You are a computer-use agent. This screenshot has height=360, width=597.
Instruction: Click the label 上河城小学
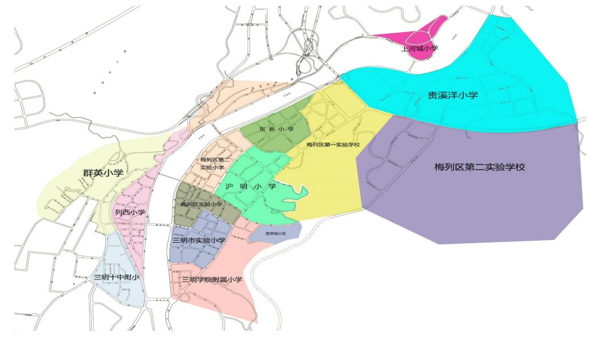(420, 49)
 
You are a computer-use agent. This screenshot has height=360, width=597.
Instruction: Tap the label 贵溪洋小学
(453, 95)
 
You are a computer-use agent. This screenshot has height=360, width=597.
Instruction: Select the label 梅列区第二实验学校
(479, 167)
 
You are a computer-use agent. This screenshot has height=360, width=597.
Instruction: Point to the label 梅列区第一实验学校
(333, 145)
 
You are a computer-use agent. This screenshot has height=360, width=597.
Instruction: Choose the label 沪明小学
(250, 186)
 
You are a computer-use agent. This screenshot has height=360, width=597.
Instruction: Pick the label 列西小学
(130, 213)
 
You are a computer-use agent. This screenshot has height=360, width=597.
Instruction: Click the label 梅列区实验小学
(201, 204)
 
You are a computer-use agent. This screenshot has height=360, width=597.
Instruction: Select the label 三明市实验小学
(198, 241)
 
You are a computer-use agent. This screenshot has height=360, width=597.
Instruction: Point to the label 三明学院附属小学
(212, 280)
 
